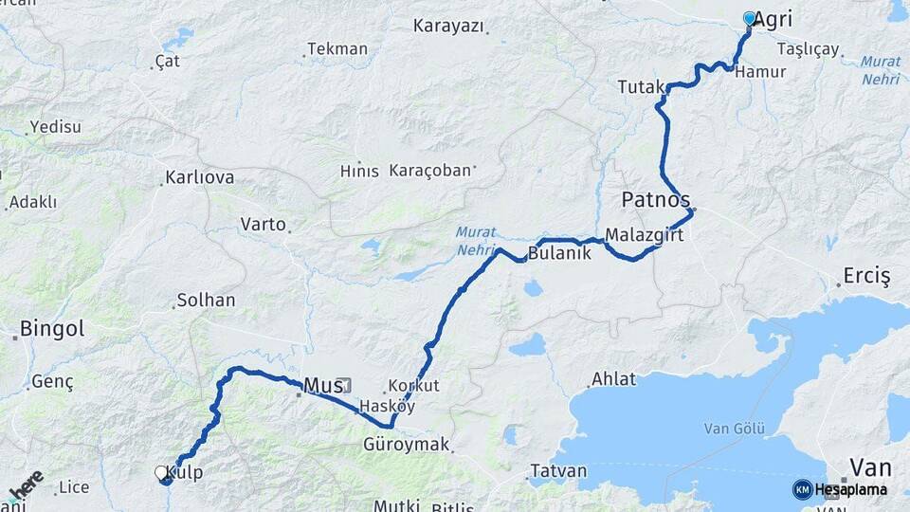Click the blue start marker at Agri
(750, 18)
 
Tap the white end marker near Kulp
(161, 471)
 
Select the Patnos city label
(655, 200)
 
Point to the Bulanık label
(558, 253)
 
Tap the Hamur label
(760, 72)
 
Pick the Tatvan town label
(558, 471)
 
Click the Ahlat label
(613, 379)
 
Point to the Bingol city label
(51, 330)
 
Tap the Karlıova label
(199, 177)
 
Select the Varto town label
(263, 225)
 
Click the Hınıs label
(359, 172)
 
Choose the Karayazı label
(447, 26)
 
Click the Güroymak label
(406, 444)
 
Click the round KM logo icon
(802, 489)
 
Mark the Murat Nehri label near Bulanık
(475, 240)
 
